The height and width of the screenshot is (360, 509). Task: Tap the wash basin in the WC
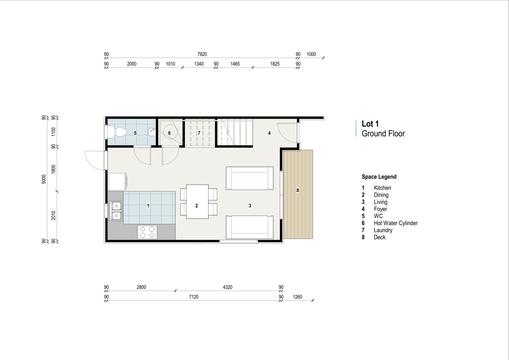coord(151,132)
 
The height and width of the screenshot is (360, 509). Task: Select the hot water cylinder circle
coord(169,133)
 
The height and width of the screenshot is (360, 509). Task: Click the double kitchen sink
coord(116,211)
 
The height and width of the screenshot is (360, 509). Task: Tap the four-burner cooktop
coord(147,232)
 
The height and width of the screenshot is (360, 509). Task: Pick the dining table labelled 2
coord(197,201)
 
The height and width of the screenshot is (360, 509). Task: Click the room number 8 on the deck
coord(298,190)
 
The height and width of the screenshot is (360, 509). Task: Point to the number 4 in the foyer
coord(269,133)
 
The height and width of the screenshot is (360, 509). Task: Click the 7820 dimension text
coord(202,54)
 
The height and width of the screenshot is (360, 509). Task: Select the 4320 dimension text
coord(228,287)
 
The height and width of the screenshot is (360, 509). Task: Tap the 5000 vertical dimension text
coord(44,179)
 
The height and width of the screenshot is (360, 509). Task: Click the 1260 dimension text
coord(297,297)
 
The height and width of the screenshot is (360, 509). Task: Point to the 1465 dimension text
coord(235,64)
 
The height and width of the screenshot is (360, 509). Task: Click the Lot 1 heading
coord(370,124)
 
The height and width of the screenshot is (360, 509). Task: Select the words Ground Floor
coord(383,133)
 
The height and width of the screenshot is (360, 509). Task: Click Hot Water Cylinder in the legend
coord(396,223)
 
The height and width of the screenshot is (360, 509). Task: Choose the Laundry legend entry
coord(383,231)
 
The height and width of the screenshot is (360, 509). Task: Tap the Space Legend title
coord(379,177)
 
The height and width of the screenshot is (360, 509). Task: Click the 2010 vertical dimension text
coord(54,215)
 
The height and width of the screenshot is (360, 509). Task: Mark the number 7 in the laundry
coord(199,133)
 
